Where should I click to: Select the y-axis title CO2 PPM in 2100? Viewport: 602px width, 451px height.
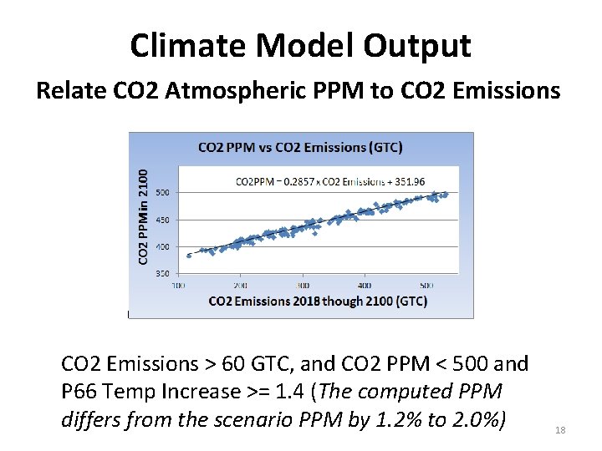coord(143,216)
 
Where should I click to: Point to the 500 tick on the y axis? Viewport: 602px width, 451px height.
coord(162,192)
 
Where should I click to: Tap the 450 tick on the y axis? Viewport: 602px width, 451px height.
coord(162,220)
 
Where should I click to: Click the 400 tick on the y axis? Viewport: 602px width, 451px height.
coord(162,246)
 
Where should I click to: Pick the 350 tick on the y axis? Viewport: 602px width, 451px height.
coord(162,273)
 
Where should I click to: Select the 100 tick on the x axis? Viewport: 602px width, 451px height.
coord(179,285)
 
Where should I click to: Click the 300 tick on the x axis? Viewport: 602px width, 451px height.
coord(303,285)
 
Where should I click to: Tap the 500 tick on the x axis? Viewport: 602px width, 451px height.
coord(426,285)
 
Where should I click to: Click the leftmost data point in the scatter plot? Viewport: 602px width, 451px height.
coord(189,256)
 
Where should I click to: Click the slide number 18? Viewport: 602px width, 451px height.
coord(560,429)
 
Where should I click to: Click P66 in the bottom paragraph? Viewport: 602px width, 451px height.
coord(79,391)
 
